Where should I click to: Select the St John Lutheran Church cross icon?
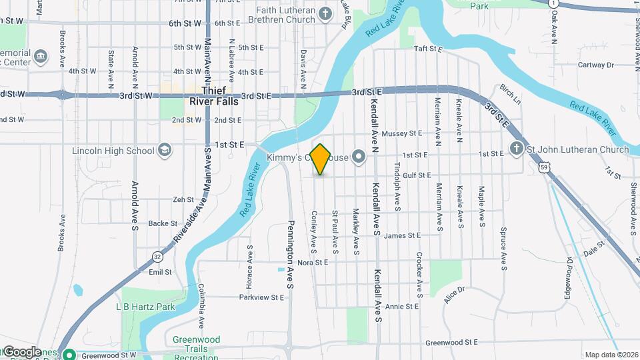pos(516,149)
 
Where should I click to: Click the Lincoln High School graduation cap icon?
pos(165,150)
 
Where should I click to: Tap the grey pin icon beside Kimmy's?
pos(359,157)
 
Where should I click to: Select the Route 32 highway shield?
pos(157,255)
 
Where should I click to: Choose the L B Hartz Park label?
pos(145,307)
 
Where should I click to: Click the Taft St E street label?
pos(429,49)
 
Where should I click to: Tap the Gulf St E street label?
pos(417,175)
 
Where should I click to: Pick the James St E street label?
pos(403,235)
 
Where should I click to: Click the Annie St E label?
pos(402,307)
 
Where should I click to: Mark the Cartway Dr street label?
pos(595,65)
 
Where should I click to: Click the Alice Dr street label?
pos(453,294)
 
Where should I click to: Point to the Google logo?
pos(23,351)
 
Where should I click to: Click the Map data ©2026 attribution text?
pos(610,355)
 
